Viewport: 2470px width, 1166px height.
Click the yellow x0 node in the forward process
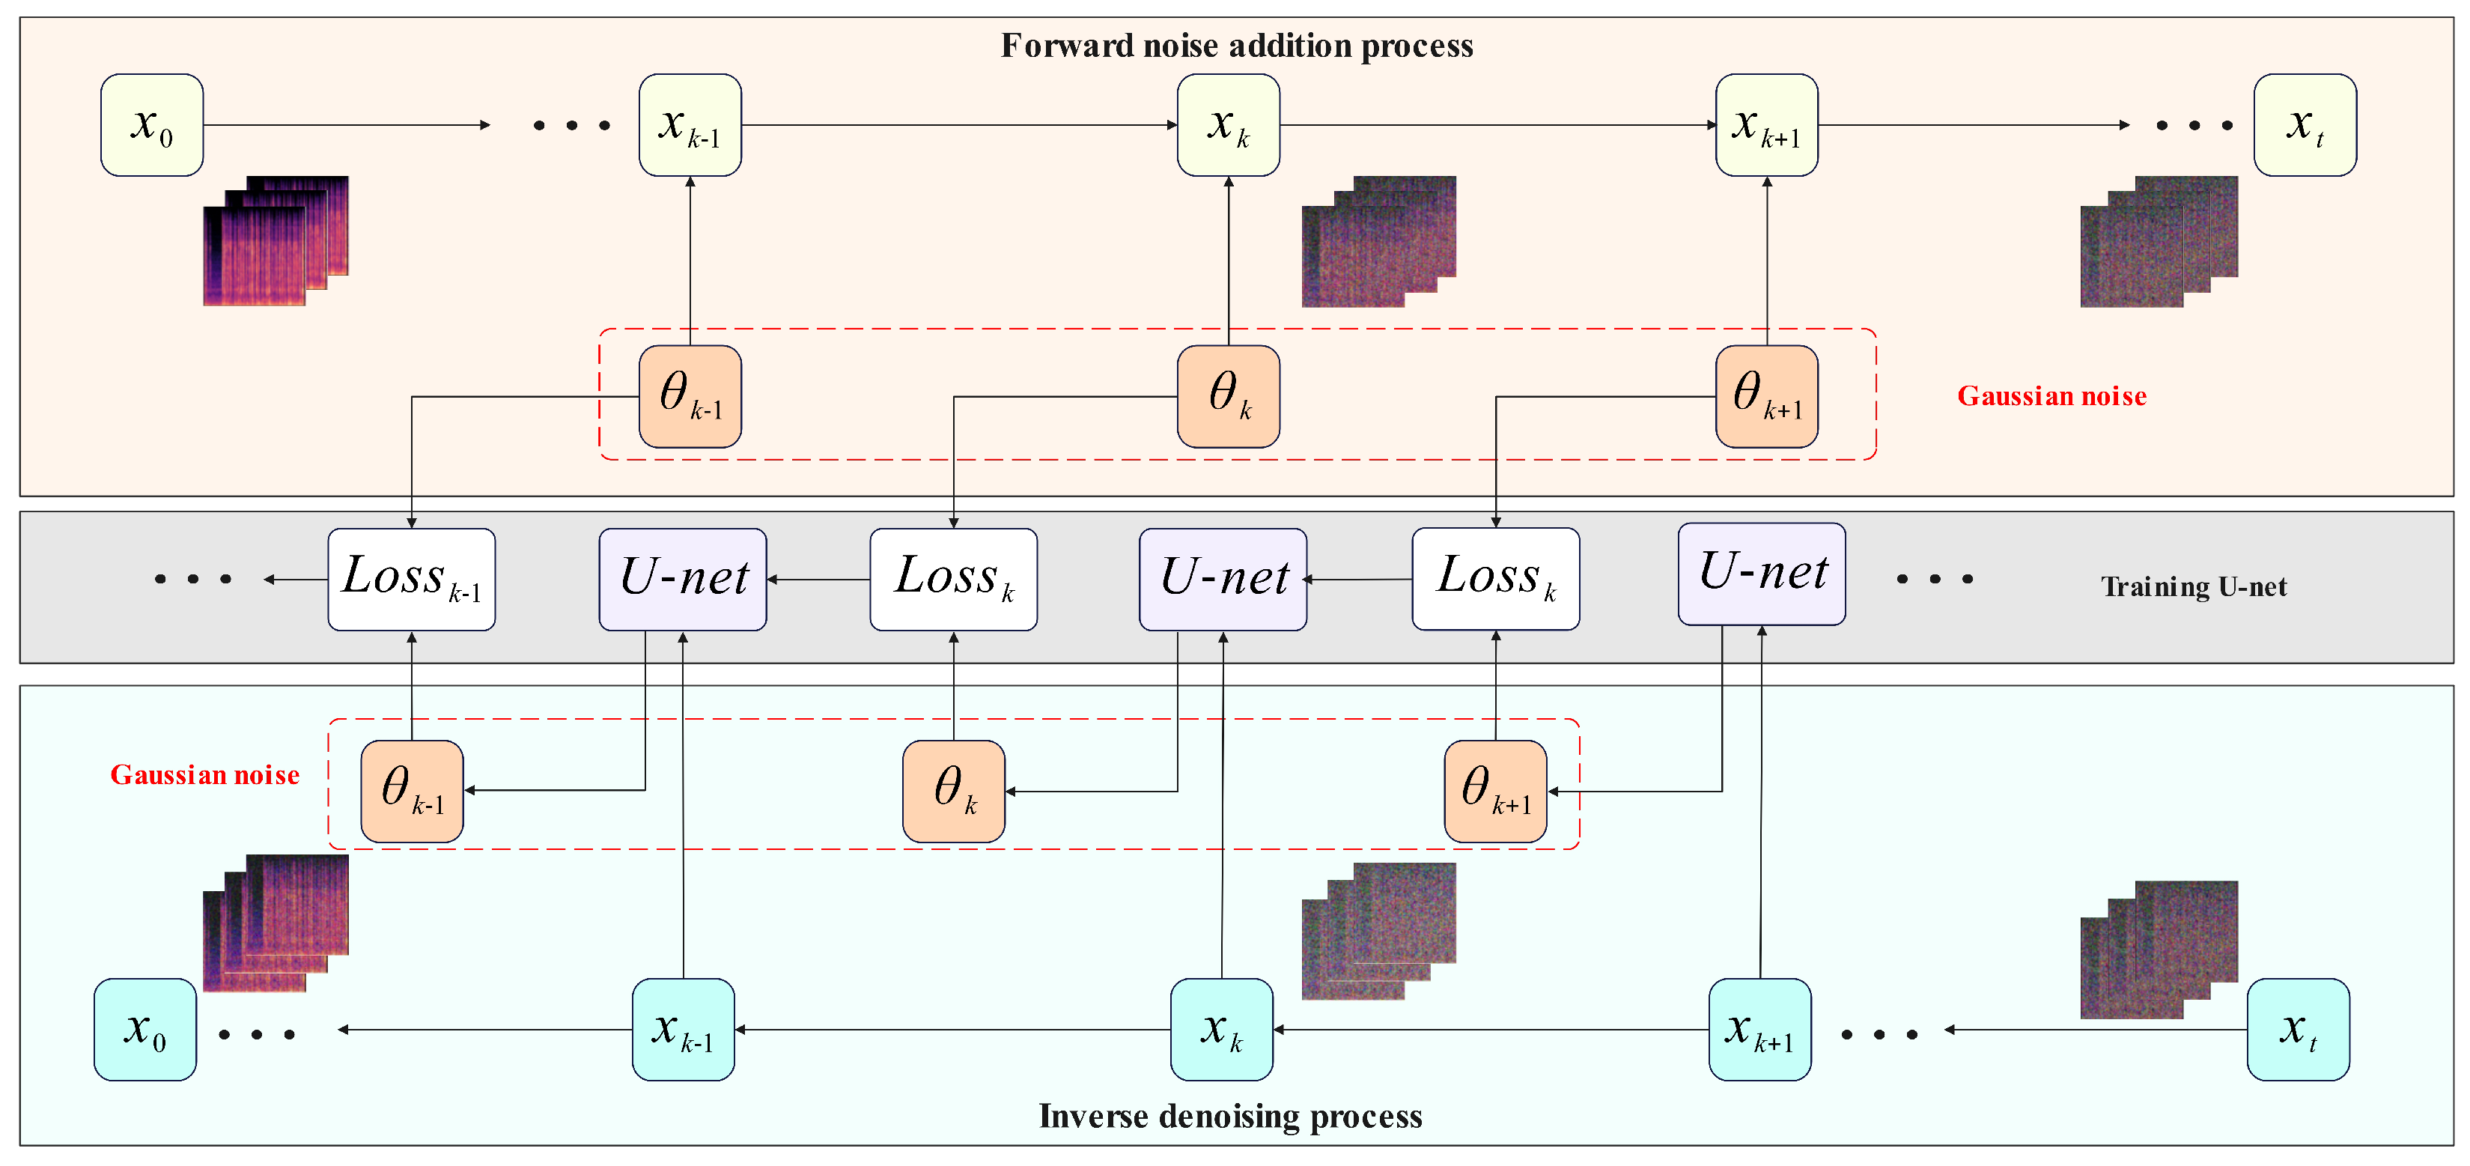[x=151, y=124]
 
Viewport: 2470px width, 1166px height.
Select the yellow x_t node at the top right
[x=2304, y=124]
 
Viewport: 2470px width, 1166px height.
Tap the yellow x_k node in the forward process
[x=1229, y=124]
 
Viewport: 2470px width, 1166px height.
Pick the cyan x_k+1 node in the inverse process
[x=1759, y=1029]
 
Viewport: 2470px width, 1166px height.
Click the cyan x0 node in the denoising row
[x=145, y=1029]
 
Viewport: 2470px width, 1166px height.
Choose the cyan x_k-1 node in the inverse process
[x=683, y=1029]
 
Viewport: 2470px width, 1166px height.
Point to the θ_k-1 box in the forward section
[x=690, y=396]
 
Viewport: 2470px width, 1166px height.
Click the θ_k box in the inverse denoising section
[x=953, y=791]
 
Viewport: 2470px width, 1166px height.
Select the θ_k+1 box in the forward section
[x=1766, y=396]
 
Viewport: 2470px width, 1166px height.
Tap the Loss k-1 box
[x=411, y=579]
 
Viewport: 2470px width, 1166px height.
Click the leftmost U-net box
[x=683, y=579]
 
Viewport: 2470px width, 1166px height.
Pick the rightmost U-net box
[x=1762, y=574]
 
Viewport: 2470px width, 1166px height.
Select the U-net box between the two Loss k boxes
[x=1223, y=579]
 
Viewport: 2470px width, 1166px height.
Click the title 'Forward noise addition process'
[x=1237, y=45]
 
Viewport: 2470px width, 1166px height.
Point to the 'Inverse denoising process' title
[x=1230, y=1115]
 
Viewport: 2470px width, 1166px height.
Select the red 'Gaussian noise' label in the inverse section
[x=204, y=775]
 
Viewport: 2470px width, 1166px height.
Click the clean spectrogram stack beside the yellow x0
[x=276, y=240]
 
